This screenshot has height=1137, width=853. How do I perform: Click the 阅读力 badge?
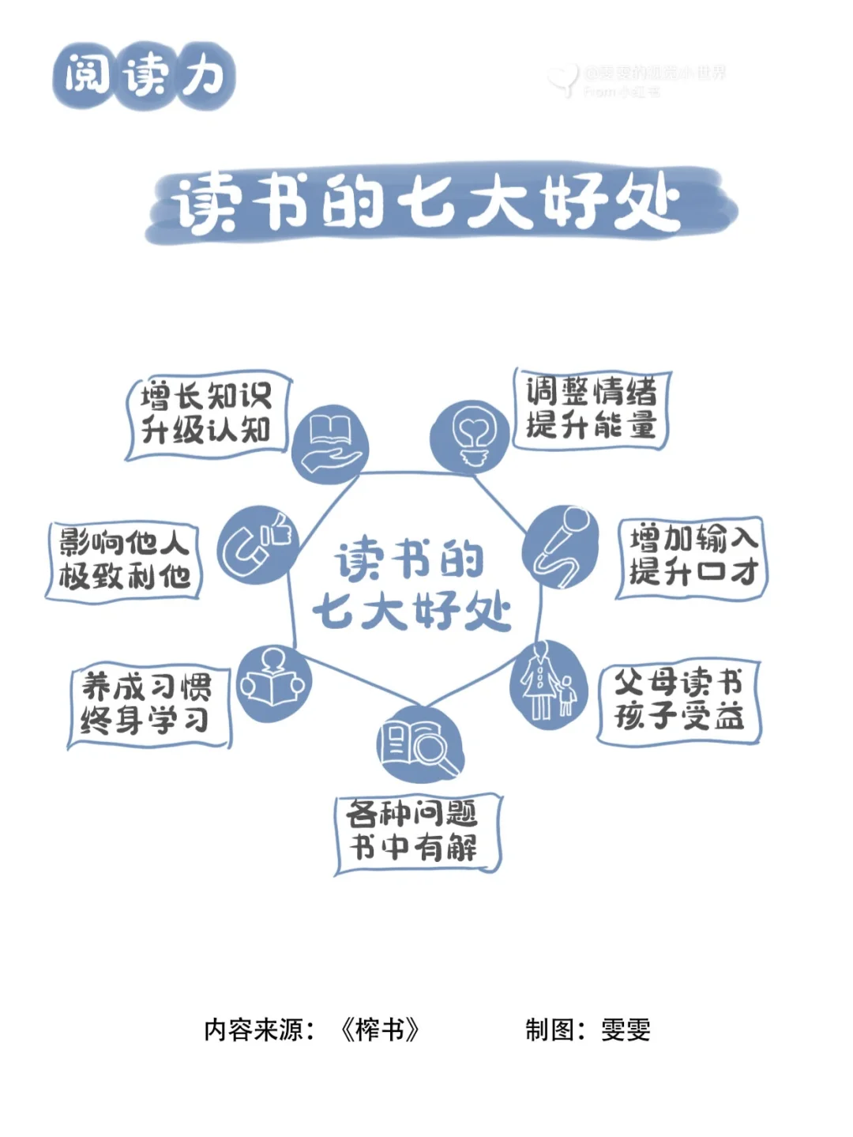[145, 77]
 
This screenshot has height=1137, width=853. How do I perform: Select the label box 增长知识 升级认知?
[207, 414]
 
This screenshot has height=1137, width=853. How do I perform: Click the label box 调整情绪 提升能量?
[591, 408]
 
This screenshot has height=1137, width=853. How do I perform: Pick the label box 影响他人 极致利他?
[124, 560]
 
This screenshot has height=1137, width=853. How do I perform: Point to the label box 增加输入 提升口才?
[692, 556]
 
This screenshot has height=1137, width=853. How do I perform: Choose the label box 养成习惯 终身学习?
[148, 705]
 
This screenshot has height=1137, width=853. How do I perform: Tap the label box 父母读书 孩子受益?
[678, 701]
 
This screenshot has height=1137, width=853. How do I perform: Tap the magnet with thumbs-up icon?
[254, 544]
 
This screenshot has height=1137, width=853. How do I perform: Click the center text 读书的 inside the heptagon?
[409, 559]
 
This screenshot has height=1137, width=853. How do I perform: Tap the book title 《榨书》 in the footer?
[380, 1030]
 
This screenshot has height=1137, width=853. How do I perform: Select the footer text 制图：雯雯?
[588, 1030]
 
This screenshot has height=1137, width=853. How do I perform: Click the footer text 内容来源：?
[260, 1030]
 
